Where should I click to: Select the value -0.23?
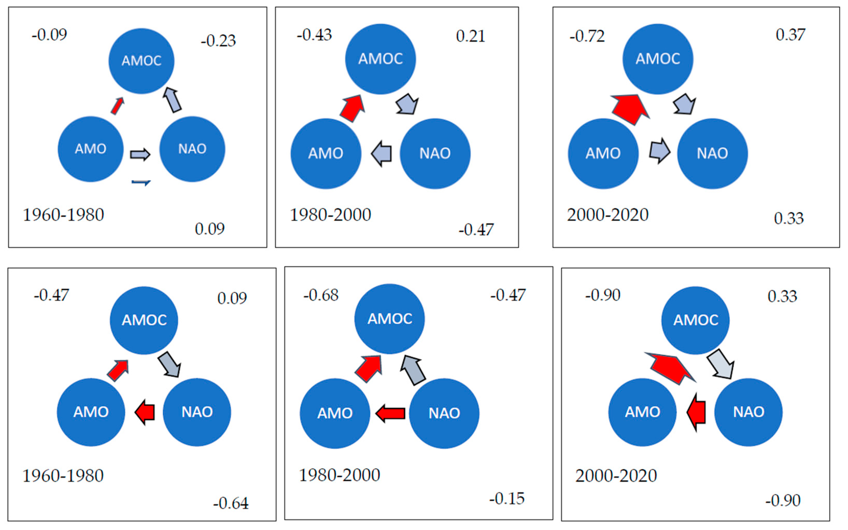coord(218,41)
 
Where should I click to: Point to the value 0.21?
coord(470,36)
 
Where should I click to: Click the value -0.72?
coord(587,36)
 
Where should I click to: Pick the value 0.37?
coord(790,35)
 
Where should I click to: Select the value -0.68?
coord(321,295)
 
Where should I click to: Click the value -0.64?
coord(231,503)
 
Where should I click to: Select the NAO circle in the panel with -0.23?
coord(192,149)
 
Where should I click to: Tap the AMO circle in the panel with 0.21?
coord(326,153)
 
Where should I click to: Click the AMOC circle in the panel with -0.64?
coord(144,320)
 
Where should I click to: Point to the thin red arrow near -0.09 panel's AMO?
coord(117,106)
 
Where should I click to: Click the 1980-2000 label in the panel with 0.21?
coord(330,215)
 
